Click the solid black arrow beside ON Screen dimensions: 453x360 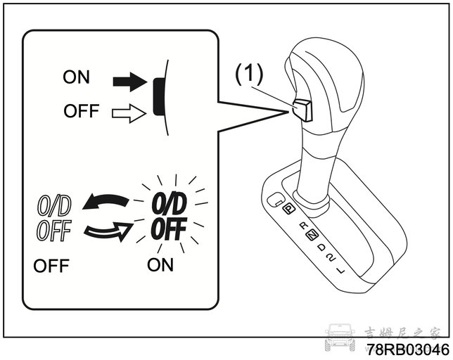pyautogui.click(x=130, y=82)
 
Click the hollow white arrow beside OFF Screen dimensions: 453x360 pyautogui.click(x=129, y=113)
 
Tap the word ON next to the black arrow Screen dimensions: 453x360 pyautogui.click(x=76, y=77)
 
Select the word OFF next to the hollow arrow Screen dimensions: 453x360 pyautogui.click(x=82, y=111)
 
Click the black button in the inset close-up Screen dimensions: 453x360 pyautogui.click(x=158, y=97)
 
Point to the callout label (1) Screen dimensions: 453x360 pyautogui.click(x=249, y=75)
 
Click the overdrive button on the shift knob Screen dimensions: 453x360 pyautogui.click(x=302, y=110)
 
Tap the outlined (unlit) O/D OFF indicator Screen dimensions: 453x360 pyautogui.click(x=54, y=218)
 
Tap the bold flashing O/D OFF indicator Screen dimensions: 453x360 pyautogui.click(x=169, y=216)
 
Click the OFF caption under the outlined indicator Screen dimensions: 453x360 pyautogui.click(x=51, y=266)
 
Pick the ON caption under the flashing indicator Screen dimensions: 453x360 pyautogui.click(x=160, y=264)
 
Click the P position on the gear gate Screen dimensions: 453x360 pyautogui.click(x=288, y=208)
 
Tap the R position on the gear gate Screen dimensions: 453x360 pyautogui.click(x=303, y=226)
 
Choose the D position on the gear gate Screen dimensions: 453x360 pyautogui.click(x=321, y=247)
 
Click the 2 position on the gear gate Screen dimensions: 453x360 pyautogui.click(x=331, y=257)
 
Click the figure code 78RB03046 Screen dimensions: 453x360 pyautogui.click(x=408, y=350)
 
